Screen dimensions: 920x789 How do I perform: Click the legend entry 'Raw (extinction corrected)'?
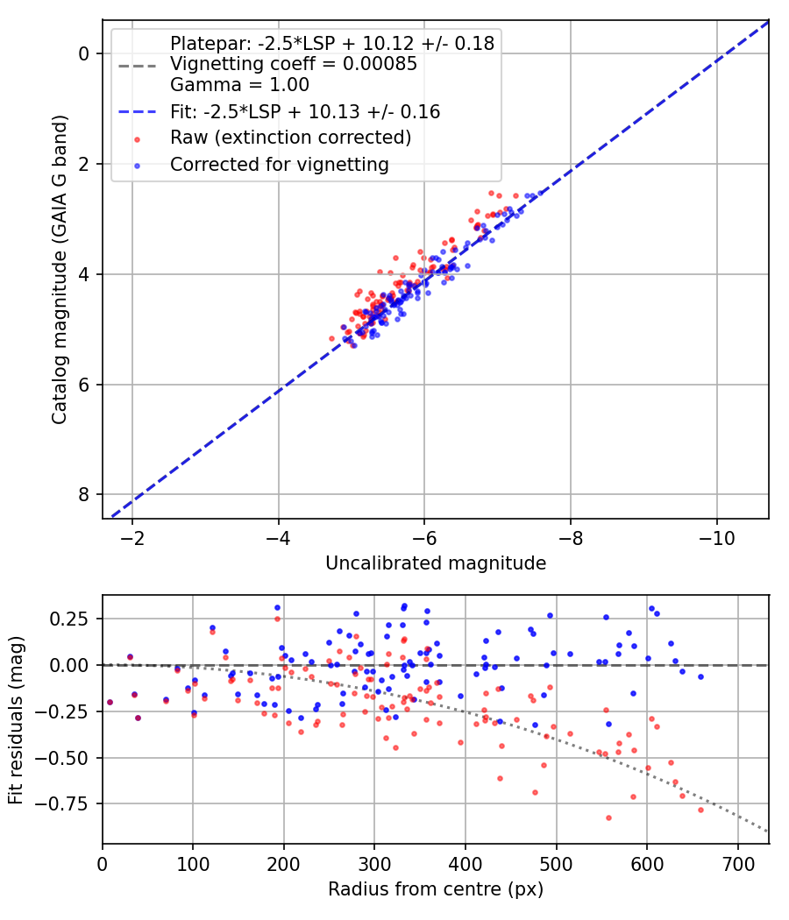point(290,138)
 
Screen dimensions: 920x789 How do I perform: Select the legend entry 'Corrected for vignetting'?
point(279,164)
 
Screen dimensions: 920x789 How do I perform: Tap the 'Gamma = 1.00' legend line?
point(239,85)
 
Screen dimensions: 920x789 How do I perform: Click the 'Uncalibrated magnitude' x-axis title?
point(436,563)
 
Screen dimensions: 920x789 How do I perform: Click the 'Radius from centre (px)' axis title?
point(436,889)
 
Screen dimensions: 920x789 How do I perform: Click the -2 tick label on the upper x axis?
point(132,537)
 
